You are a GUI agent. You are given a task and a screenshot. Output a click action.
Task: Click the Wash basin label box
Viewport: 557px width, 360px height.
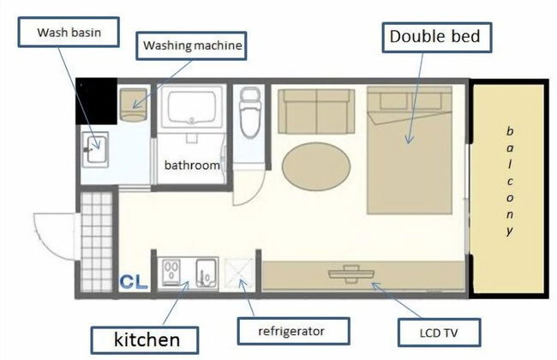click(69, 32)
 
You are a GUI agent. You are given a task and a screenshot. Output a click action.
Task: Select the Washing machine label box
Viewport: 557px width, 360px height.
click(191, 45)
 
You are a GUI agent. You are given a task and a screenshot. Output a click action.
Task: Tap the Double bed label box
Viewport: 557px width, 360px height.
click(436, 38)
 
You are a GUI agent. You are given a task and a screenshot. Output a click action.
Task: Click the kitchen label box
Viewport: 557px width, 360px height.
click(145, 340)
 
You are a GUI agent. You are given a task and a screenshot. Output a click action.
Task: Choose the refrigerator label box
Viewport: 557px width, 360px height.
click(293, 331)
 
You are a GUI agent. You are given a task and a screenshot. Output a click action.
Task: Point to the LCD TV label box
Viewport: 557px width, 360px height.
click(439, 333)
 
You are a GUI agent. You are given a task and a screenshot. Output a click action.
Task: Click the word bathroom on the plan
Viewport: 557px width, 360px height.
click(192, 165)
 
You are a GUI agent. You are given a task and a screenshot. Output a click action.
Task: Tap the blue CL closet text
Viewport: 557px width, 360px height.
click(134, 281)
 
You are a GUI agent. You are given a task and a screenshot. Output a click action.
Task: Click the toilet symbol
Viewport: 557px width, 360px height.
click(250, 112)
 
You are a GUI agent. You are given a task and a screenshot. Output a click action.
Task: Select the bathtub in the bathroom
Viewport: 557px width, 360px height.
click(192, 107)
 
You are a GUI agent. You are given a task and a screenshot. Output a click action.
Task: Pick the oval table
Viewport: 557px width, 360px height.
click(316, 166)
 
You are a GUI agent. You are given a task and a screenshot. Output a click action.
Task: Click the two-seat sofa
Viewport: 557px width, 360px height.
click(316, 111)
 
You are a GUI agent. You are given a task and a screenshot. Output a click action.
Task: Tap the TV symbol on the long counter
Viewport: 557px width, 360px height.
click(351, 274)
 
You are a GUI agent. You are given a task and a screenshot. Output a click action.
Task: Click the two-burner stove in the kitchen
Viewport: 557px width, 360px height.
click(171, 273)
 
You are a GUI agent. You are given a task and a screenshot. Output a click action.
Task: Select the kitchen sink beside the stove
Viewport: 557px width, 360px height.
click(206, 273)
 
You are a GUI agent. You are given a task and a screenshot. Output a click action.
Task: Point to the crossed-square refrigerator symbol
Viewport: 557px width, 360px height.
click(239, 273)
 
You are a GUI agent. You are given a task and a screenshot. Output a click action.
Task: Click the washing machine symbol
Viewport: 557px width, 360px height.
click(133, 105)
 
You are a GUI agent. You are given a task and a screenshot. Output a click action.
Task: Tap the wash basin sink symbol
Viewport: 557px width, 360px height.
click(95, 150)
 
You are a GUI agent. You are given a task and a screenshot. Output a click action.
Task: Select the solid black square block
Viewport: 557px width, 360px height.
click(96, 101)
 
